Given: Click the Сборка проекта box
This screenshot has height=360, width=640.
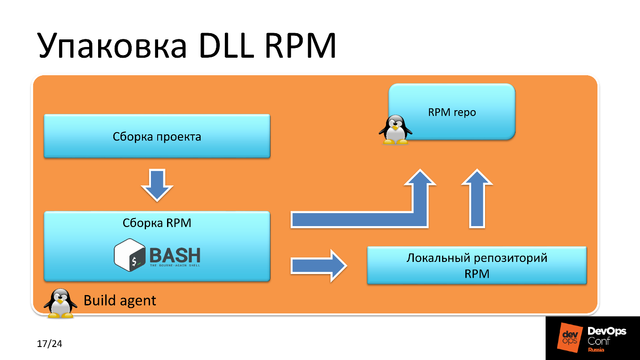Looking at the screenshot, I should (157, 136).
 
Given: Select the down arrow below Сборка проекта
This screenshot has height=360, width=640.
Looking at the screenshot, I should (157, 184).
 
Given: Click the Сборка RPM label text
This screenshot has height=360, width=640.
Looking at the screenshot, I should (157, 223).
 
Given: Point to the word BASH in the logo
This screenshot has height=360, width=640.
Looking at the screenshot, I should (175, 255).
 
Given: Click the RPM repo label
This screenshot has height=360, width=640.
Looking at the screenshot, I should (451, 112).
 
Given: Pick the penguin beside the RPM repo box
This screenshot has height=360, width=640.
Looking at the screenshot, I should (395, 130).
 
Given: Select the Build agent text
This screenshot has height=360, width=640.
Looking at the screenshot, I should (120, 300).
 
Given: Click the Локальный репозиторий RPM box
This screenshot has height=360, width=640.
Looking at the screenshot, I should (477, 266).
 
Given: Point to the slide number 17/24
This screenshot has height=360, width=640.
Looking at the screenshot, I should (49, 344).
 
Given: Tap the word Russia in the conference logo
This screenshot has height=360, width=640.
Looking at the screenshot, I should (596, 350).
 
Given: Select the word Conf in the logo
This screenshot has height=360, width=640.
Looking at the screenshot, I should (599, 341).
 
